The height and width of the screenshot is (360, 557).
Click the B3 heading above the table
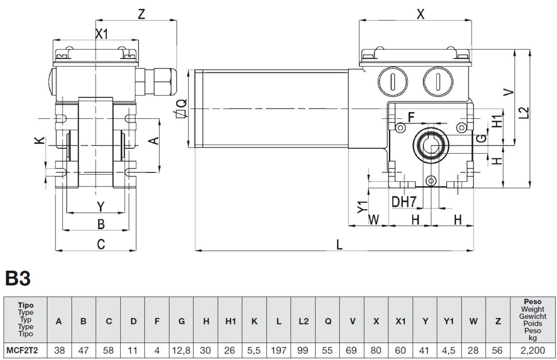click(18, 278)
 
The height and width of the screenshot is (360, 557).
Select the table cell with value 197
click(278, 350)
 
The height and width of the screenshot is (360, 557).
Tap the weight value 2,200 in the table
click(532, 350)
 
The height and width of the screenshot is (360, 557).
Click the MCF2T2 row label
click(22, 350)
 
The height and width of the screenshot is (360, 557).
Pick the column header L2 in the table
click(303, 321)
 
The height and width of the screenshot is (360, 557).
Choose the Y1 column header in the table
click(449, 321)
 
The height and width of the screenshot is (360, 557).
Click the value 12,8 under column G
click(181, 350)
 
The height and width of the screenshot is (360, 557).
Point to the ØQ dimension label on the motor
click(182, 108)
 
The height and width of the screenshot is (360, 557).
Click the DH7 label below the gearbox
click(404, 202)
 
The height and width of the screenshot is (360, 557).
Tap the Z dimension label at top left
click(141, 14)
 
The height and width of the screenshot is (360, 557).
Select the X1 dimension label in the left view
click(101, 34)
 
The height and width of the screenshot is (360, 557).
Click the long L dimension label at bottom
click(339, 245)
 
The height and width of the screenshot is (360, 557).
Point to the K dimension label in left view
click(40, 140)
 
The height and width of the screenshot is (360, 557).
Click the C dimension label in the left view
click(101, 245)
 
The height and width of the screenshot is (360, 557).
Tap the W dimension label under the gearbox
click(374, 220)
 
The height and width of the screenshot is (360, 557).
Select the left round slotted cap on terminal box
click(392, 81)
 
